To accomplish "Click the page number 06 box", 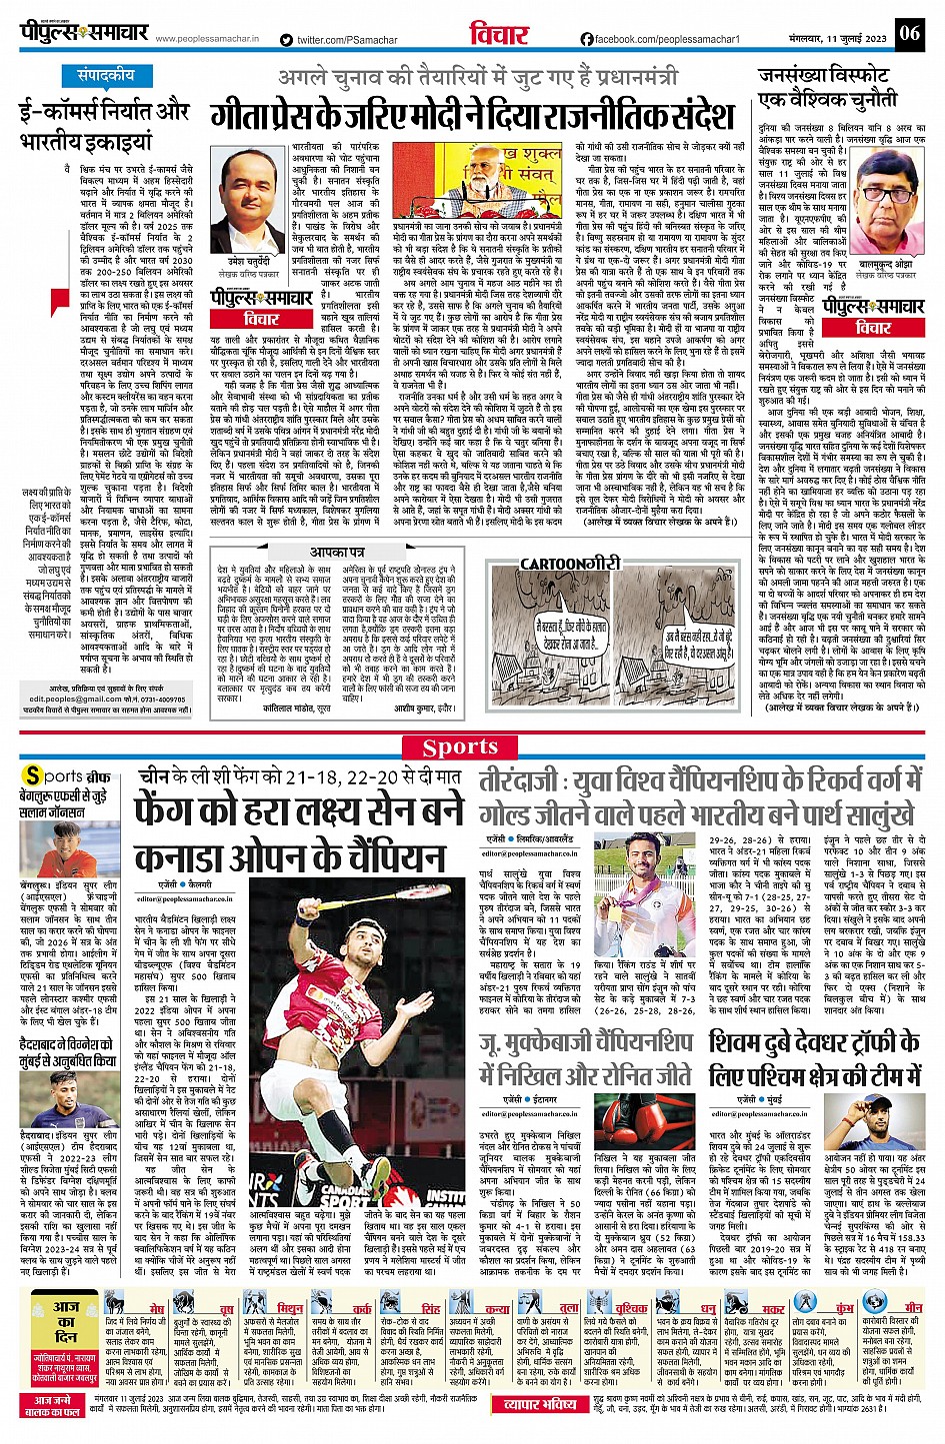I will click(908, 33).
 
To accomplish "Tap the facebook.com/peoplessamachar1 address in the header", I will click(660, 40).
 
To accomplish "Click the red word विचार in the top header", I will click(498, 34).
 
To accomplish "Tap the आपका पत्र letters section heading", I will click(337, 552).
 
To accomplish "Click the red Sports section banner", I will click(460, 746).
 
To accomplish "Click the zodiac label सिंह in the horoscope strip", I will click(431, 1308).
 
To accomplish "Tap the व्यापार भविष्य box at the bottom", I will click(540, 1404).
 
